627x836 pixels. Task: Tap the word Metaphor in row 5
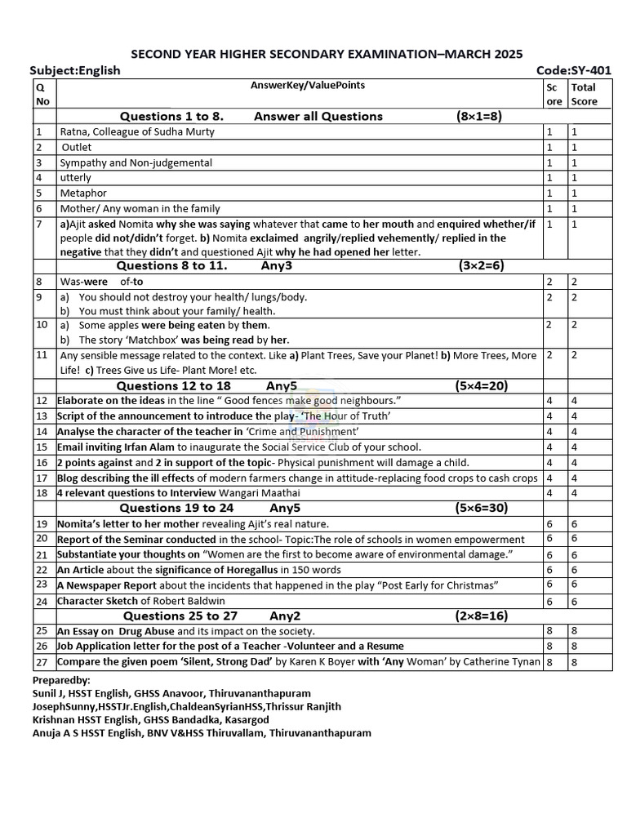pyautogui.click(x=83, y=193)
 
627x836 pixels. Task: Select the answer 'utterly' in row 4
pyautogui.click(x=76, y=178)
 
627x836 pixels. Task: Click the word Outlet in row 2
pyautogui.click(x=77, y=147)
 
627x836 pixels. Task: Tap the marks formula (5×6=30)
pyautogui.click(x=481, y=508)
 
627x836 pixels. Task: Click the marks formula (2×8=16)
pyautogui.click(x=481, y=616)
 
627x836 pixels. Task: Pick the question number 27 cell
pyautogui.click(x=42, y=661)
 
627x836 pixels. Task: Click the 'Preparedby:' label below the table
pyautogui.click(x=61, y=680)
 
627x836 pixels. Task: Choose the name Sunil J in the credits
pyautogui.click(x=51, y=693)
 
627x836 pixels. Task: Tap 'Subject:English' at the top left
pyautogui.click(x=74, y=70)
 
